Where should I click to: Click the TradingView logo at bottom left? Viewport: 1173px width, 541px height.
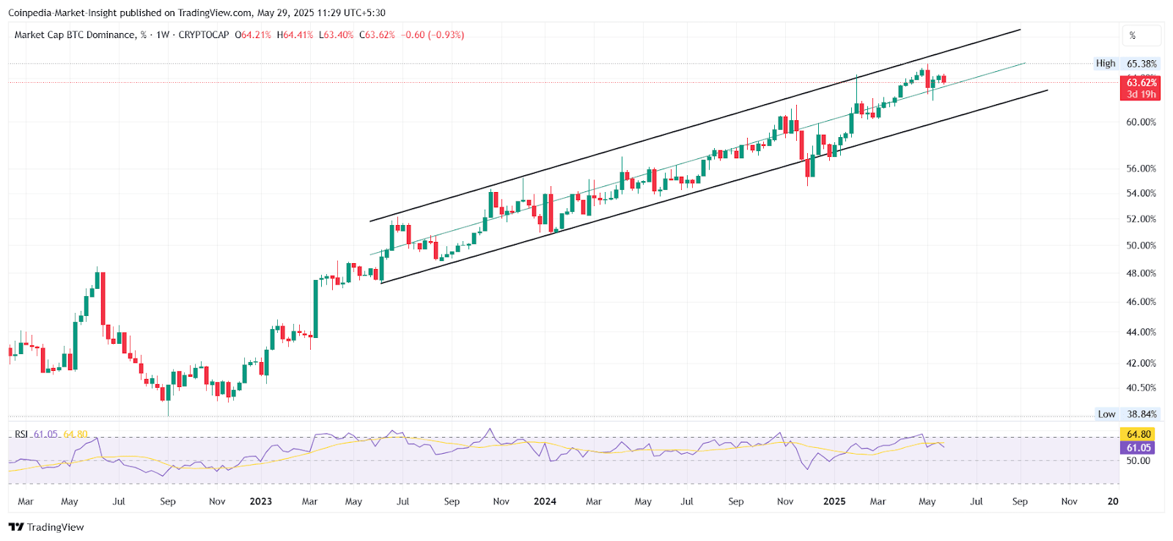point(46,527)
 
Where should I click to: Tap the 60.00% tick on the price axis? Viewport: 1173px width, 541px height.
point(1141,122)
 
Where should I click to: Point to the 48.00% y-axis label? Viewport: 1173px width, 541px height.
point(1141,273)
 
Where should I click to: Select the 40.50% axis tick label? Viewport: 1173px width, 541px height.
point(1141,388)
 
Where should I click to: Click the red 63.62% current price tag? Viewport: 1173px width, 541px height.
point(1141,84)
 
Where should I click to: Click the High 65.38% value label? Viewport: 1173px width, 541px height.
point(1141,64)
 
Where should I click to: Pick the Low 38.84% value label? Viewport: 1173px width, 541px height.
point(1141,414)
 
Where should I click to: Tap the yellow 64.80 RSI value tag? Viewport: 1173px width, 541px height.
point(1139,435)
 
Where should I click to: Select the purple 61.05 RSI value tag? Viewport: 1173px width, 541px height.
point(1139,448)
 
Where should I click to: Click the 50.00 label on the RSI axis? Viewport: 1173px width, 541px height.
point(1138,461)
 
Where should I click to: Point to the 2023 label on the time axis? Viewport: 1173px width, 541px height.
point(260,501)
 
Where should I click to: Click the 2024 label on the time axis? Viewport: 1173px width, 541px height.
point(545,501)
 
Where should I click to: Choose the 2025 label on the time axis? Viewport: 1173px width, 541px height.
point(834,501)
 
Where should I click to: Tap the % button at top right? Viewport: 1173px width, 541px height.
point(1141,35)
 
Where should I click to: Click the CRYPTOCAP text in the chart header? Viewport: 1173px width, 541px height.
point(203,35)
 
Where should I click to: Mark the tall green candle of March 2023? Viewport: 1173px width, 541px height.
point(316,308)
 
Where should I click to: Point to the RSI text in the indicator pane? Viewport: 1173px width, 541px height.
point(21,435)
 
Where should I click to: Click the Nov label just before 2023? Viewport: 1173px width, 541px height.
point(217,501)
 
